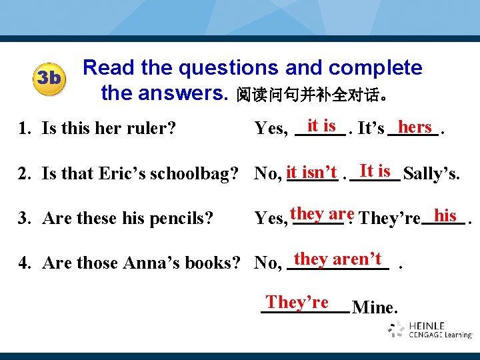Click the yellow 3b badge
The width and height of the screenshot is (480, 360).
(48, 79)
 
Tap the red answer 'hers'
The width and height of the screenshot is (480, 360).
(414, 127)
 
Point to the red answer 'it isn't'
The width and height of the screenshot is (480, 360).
(311, 173)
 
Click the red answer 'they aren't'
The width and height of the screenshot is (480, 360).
(337, 259)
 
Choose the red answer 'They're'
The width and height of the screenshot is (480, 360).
(297, 302)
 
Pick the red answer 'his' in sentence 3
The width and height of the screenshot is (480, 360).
(445, 215)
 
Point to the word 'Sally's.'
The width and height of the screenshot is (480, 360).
(431, 175)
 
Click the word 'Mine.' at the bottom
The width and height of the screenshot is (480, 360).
(375, 307)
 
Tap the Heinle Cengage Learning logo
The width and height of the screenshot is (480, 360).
(430, 329)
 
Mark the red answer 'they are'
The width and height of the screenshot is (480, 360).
(322, 214)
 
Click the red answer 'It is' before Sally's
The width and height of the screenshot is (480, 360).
(375, 171)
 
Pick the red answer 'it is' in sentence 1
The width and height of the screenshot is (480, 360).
(321, 125)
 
